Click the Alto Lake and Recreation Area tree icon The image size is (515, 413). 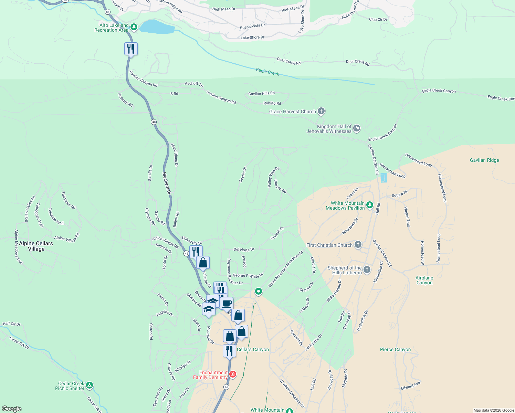(134, 27)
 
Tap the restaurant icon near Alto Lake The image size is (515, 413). (131, 49)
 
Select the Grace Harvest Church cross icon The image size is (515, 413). (321, 111)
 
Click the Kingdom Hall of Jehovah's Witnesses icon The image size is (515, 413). (357, 128)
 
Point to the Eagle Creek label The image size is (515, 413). (267, 72)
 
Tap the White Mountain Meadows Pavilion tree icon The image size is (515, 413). (369, 205)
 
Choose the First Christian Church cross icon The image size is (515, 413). (358, 245)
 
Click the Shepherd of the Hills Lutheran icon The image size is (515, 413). (367, 269)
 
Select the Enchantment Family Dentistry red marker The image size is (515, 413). (233, 374)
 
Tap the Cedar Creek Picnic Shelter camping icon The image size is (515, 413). (89, 385)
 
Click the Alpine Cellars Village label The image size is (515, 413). (36, 246)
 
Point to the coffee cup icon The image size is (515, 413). (227, 304)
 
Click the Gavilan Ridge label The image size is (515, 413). (484, 160)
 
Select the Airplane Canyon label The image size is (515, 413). (424, 280)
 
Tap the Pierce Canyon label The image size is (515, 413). (395, 349)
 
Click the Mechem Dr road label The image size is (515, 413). (167, 183)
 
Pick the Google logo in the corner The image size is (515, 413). (12, 409)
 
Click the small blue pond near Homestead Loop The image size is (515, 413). (383, 178)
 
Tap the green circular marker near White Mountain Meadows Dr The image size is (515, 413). (258, 291)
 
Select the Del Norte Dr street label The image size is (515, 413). (244, 250)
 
